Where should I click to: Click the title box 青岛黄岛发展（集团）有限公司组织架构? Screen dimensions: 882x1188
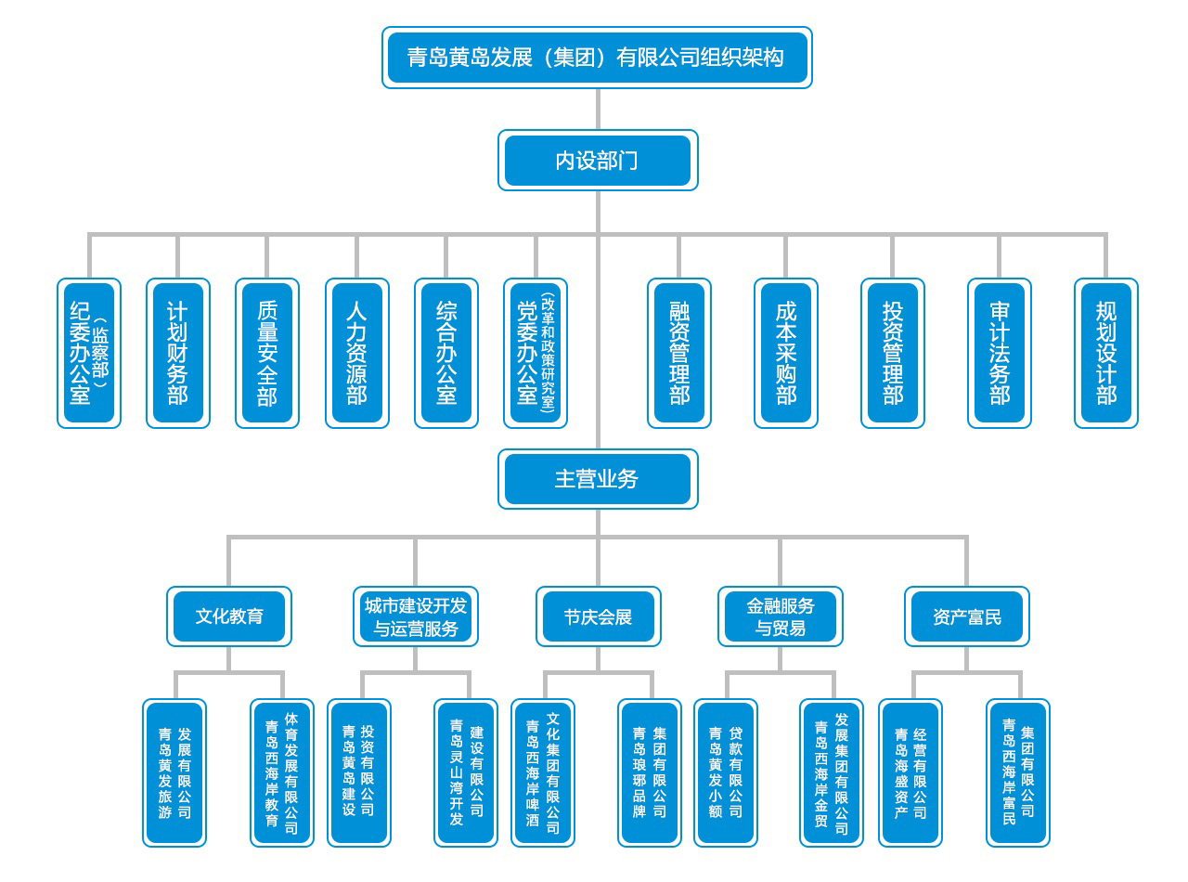point(597,58)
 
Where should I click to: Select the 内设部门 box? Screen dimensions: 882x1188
point(597,161)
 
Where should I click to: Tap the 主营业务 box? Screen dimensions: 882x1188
point(597,479)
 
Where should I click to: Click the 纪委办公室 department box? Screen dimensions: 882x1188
point(89,353)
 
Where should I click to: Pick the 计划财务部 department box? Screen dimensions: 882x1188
point(178,353)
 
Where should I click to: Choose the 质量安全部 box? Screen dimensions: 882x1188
point(267,353)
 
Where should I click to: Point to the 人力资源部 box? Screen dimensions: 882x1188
point(356,353)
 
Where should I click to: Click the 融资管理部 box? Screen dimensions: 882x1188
point(679,353)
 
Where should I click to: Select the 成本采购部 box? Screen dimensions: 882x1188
point(786,353)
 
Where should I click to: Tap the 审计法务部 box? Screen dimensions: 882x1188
point(1000,353)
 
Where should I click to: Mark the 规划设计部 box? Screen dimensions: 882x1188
point(1106,353)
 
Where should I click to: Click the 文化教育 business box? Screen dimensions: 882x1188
point(229,616)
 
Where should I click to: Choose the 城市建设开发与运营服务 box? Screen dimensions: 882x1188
point(415,616)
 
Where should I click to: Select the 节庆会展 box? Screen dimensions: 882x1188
point(598,616)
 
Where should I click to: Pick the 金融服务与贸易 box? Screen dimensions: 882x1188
point(781,616)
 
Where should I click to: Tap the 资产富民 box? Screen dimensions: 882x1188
point(967,616)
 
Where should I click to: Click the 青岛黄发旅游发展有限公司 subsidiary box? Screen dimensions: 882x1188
point(174,772)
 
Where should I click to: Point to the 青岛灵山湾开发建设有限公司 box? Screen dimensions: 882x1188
point(466,772)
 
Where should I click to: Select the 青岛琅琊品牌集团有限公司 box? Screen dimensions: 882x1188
point(650,772)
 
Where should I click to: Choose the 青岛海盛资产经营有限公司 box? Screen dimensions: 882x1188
point(910,772)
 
